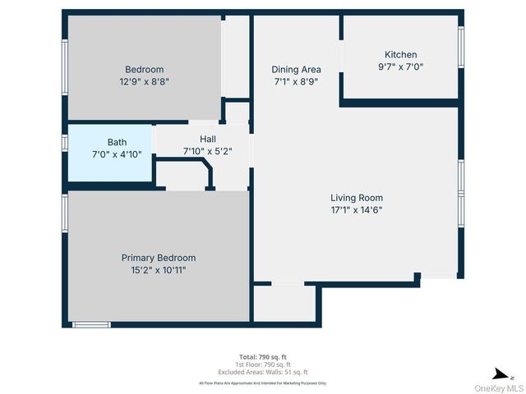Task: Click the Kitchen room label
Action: coord(400,55)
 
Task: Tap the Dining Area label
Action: coord(296,70)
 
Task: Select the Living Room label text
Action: coord(357,198)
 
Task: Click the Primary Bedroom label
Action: coord(159,258)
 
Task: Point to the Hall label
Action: coord(207,139)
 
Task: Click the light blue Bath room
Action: coord(110,153)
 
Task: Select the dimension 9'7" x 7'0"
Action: coord(400,66)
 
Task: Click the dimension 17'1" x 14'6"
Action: coord(357,209)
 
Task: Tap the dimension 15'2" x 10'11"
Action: coord(159,269)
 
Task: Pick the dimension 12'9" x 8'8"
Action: coord(144,81)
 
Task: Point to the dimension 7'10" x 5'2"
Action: coord(207,150)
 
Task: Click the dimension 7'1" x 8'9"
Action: coord(296,81)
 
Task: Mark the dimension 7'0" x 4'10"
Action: coord(117,153)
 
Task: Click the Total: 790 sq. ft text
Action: coord(263,357)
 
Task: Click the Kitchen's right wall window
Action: coord(461,47)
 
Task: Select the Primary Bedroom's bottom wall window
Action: coord(91,325)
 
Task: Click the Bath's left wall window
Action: coord(64,142)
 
